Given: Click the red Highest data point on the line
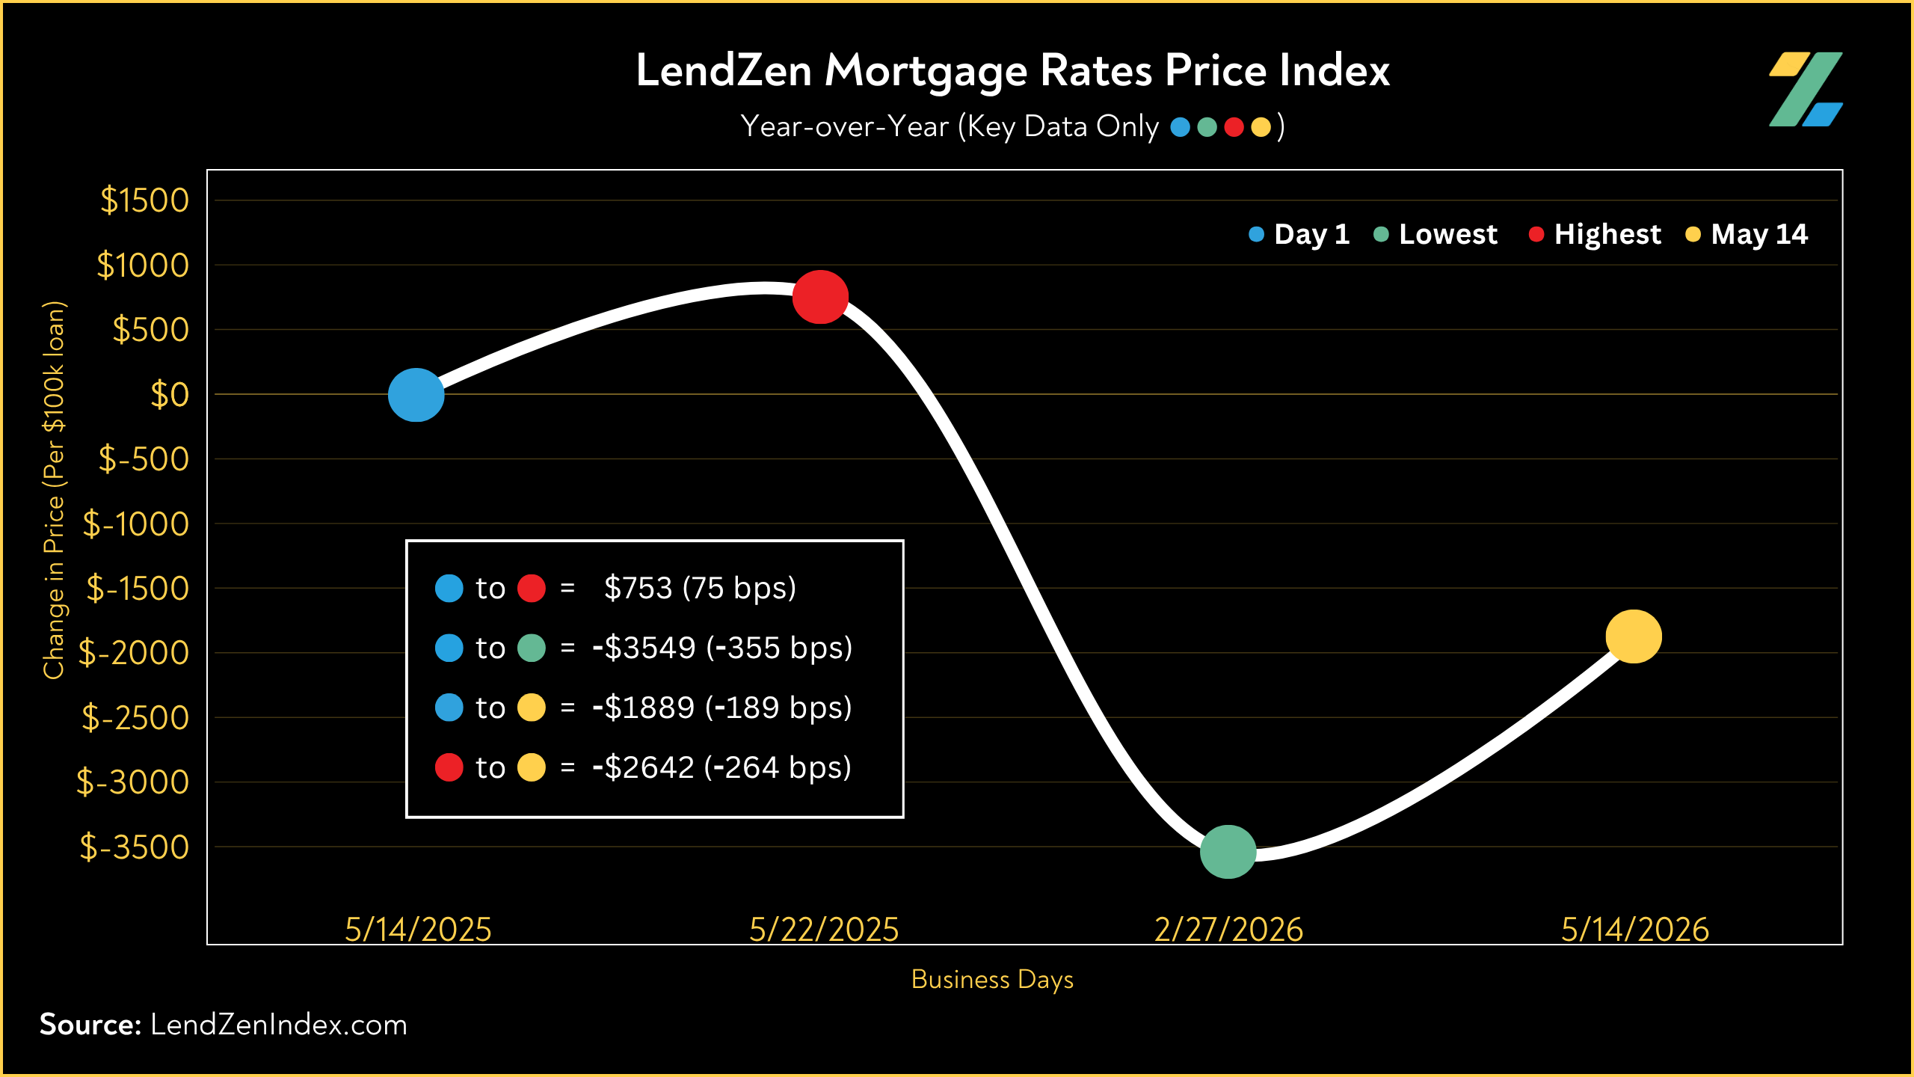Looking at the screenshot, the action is click(820, 297).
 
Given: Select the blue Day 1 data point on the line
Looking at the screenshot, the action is click(416, 395).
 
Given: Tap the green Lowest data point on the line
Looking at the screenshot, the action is click(1228, 852).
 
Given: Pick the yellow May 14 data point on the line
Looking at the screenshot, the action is click(1634, 636).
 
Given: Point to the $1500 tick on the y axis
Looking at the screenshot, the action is click(145, 200).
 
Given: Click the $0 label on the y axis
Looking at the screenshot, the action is click(170, 394).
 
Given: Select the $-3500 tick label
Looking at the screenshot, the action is click(135, 847).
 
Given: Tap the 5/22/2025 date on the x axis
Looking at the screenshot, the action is click(824, 930).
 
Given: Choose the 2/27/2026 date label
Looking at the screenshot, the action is click(1229, 930).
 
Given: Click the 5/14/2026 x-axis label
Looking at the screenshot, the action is click(1635, 930).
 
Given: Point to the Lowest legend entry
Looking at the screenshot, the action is click(1436, 234).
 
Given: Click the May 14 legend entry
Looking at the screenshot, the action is click(1747, 234).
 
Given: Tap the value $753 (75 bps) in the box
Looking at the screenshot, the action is click(700, 588).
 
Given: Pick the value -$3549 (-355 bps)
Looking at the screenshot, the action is click(722, 648).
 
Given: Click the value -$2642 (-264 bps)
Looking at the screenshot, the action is click(721, 767).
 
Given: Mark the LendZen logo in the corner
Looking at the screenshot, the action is click(1806, 89).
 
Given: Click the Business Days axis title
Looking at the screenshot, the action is click(992, 980).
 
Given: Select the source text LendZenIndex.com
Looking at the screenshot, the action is click(279, 1025).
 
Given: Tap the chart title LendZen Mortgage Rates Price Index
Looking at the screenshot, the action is click(1013, 70).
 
